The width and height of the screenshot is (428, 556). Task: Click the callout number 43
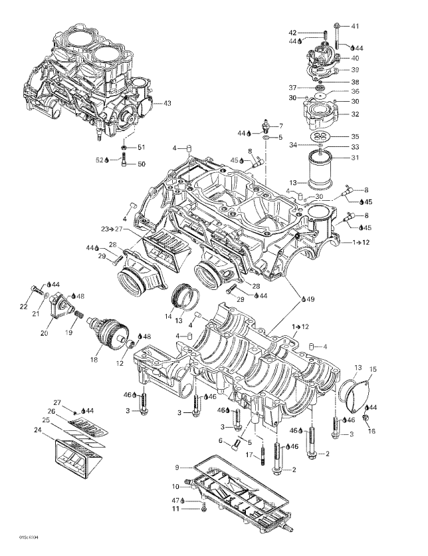(x=167, y=103)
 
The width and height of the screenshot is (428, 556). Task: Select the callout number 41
(x=354, y=26)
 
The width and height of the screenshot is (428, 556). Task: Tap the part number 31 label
(x=354, y=158)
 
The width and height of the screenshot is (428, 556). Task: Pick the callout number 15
(x=372, y=368)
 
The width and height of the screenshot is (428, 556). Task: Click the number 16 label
(x=372, y=431)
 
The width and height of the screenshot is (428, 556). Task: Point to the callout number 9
(x=176, y=468)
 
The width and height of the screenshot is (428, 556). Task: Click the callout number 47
(x=176, y=499)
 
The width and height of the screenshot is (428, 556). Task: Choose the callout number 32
(x=354, y=114)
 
